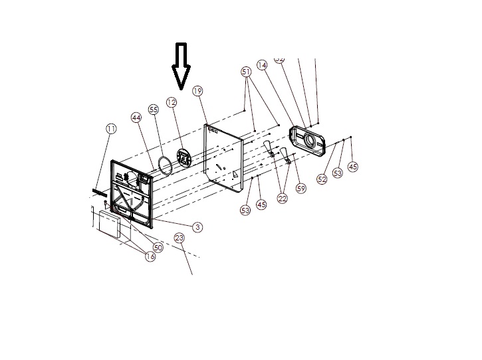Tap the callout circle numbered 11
pos(111,128)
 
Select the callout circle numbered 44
pos(136,117)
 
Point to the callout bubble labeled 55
pos(154,109)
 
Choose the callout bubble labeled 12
pos(172,102)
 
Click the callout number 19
pos(197,90)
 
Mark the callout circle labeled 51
pos(246,71)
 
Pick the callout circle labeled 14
pos(261,65)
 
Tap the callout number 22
pos(283,199)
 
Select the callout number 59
pos(301,189)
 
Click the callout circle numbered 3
pos(197,226)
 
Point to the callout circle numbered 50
pos(158,247)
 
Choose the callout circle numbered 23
pos(179,238)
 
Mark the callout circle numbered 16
pos(150,256)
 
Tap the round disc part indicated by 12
pos(183,157)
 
